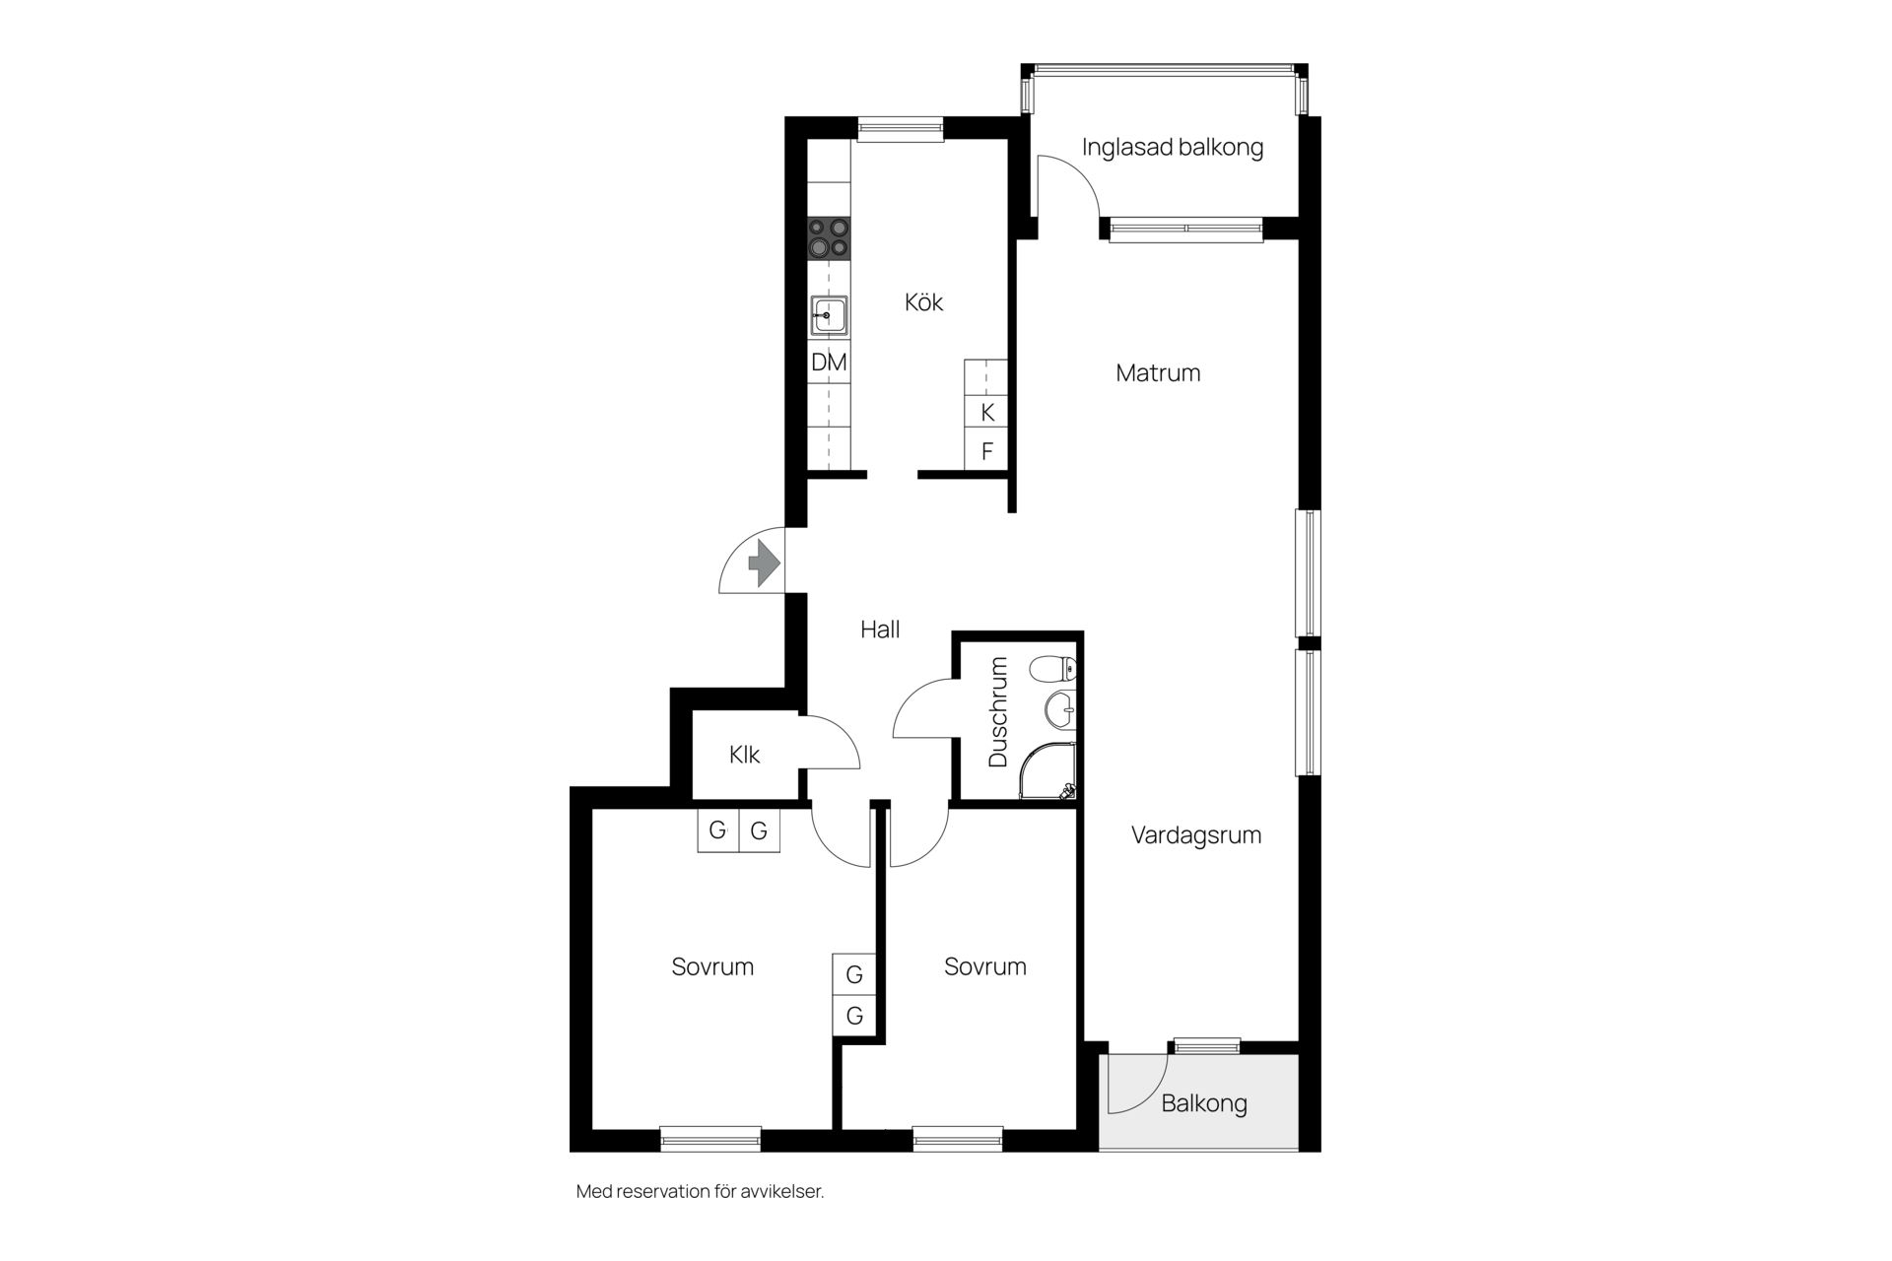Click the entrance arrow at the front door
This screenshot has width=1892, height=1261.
click(x=765, y=564)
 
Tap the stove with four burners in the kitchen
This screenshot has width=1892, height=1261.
click(x=829, y=238)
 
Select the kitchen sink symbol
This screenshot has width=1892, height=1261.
click(x=829, y=316)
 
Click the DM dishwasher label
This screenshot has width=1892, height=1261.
click(x=829, y=363)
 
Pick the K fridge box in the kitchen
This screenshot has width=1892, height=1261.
click(x=986, y=412)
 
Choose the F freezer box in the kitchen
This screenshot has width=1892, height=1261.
click(x=986, y=451)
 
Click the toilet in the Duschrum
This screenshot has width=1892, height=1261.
click(x=1053, y=670)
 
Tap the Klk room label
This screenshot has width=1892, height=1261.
click(x=744, y=755)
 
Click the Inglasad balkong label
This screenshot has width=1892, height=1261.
click(x=1173, y=148)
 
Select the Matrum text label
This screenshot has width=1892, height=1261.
click(x=1158, y=373)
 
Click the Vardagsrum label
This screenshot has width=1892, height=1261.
click(x=1196, y=835)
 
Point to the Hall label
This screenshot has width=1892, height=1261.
click(x=880, y=630)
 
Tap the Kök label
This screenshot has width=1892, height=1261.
click(x=924, y=301)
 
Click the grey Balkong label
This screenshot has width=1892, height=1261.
click(x=1204, y=1103)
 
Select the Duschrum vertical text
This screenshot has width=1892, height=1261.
click(x=998, y=712)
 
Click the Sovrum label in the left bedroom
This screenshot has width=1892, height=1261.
click(x=712, y=966)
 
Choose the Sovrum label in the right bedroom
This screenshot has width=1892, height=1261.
click(x=985, y=966)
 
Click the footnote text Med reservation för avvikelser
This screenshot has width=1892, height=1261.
click(x=700, y=1192)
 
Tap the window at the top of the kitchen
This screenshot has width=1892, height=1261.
click(x=900, y=128)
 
